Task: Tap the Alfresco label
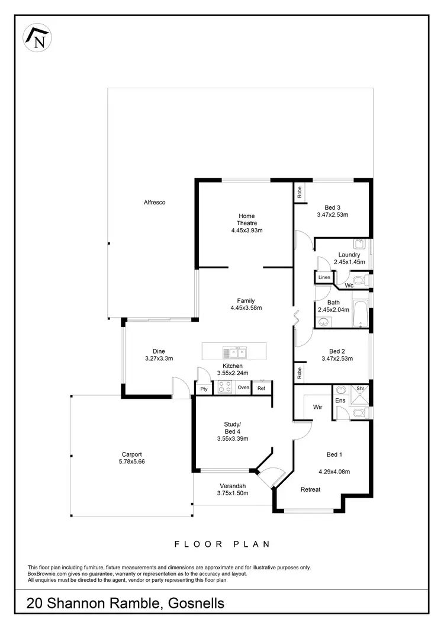(155, 203)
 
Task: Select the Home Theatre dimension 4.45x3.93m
(247, 230)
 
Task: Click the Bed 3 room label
(332, 207)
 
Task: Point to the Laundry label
(349, 255)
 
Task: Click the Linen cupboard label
(324, 277)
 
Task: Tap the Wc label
(349, 286)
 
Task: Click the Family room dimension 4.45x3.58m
(246, 308)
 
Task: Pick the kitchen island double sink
(234, 353)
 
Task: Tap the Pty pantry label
(204, 389)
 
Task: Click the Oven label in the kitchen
(243, 387)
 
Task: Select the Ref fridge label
(261, 389)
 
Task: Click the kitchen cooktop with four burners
(224, 387)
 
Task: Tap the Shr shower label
(359, 389)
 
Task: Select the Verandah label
(231, 486)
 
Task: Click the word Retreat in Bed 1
(310, 489)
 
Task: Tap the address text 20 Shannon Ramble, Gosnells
(126, 604)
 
